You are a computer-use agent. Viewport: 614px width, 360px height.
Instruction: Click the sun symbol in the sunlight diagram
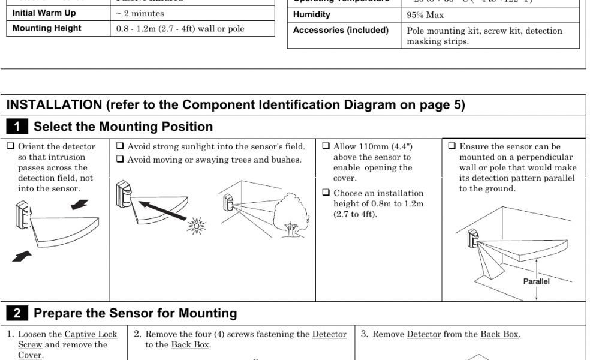pyautogui.click(x=196, y=226)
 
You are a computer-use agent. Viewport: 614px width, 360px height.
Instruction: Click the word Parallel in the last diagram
pyautogui.click(x=536, y=281)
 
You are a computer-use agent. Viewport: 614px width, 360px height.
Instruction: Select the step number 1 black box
pyautogui.click(x=17, y=127)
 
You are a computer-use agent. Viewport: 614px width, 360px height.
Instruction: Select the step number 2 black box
pyautogui.click(x=17, y=313)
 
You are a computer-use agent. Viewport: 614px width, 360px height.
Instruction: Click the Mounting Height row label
pyautogui.click(x=46, y=28)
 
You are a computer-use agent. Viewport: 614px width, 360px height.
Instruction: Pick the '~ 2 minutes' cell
pyautogui.click(x=140, y=13)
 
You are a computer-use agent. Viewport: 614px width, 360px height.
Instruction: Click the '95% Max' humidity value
pyautogui.click(x=425, y=15)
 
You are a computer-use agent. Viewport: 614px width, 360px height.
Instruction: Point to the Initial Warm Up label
pyautogui.click(x=44, y=13)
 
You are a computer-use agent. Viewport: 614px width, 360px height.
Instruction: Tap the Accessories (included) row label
pyautogui.click(x=341, y=31)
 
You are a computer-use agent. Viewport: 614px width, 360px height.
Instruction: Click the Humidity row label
pyautogui.click(x=311, y=14)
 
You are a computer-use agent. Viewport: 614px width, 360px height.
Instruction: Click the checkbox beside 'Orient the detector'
pyautogui.click(x=11, y=146)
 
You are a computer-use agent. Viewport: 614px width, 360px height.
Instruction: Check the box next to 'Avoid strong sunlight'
pyautogui.click(x=120, y=146)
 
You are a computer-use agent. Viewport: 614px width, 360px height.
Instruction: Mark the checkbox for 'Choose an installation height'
pyautogui.click(x=326, y=193)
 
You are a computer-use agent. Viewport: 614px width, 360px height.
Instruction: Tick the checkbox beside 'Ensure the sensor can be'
pyautogui.click(x=452, y=146)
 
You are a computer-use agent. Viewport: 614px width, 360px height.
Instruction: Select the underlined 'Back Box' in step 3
pyautogui.click(x=499, y=334)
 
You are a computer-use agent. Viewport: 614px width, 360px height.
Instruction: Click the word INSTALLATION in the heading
pyautogui.click(x=54, y=105)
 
